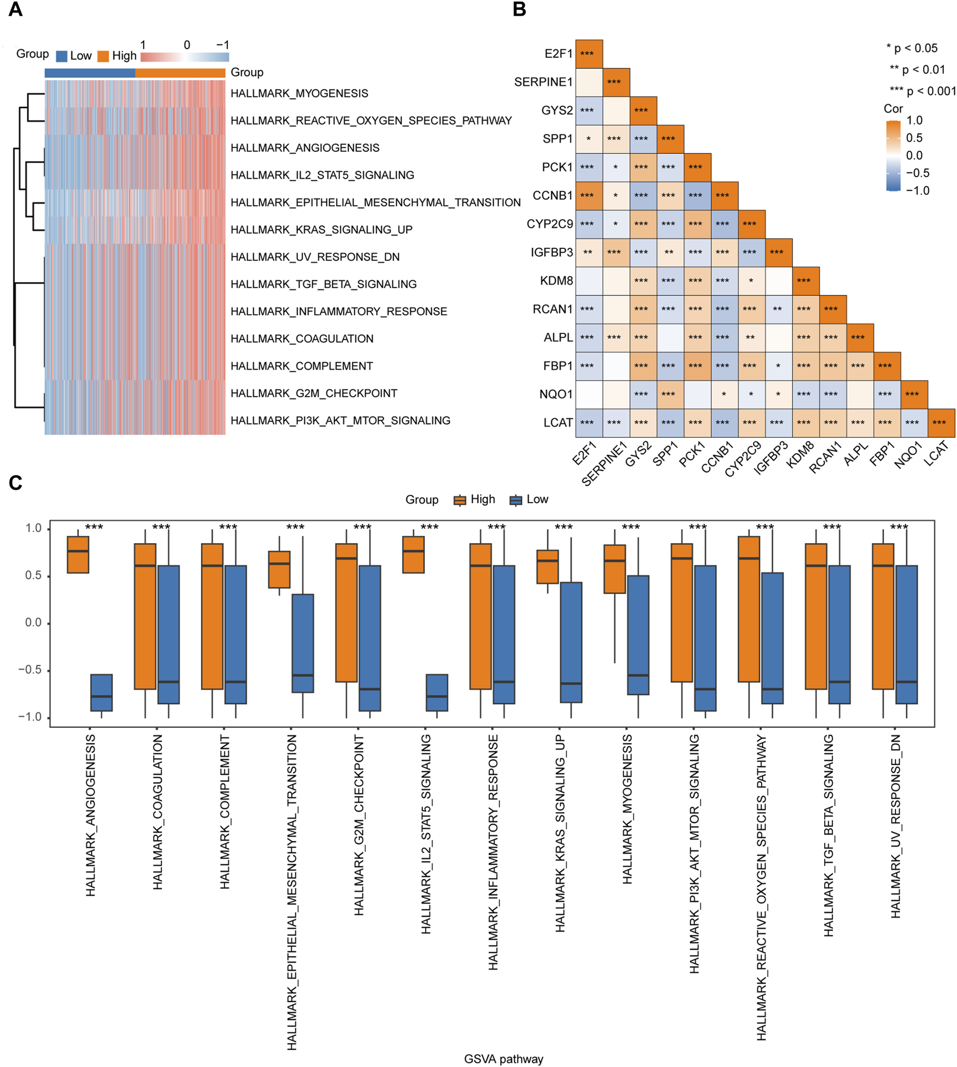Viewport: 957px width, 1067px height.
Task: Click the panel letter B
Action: point(519,10)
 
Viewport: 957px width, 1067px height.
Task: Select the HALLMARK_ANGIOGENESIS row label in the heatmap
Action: point(305,148)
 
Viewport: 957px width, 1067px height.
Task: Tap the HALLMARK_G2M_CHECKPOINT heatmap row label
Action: point(314,393)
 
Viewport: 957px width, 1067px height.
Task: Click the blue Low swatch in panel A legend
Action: point(62,56)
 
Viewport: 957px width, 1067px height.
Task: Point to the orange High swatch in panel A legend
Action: point(103,56)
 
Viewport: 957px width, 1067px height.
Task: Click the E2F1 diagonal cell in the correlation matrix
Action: point(589,54)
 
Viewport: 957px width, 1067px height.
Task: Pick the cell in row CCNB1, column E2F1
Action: point(589,195)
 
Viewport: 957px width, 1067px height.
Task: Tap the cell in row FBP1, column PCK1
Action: point(697,366)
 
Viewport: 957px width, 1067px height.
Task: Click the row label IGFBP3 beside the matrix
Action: point(551,252)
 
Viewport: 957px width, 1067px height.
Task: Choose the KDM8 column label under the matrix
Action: point(800,454)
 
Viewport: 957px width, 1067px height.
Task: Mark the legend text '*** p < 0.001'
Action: point(922,91)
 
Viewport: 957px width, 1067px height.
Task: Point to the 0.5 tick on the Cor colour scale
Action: point(914,138)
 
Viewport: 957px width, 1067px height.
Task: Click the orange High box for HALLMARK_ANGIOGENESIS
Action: point(78,554)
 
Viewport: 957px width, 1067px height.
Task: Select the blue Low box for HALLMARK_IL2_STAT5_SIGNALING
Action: point(437,692)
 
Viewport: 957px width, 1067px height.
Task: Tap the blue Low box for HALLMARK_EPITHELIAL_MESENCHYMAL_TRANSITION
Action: point(302,643)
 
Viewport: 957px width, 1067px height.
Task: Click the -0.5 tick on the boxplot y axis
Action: point(33,670)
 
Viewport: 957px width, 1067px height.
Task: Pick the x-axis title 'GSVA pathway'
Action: point(503,1059)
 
